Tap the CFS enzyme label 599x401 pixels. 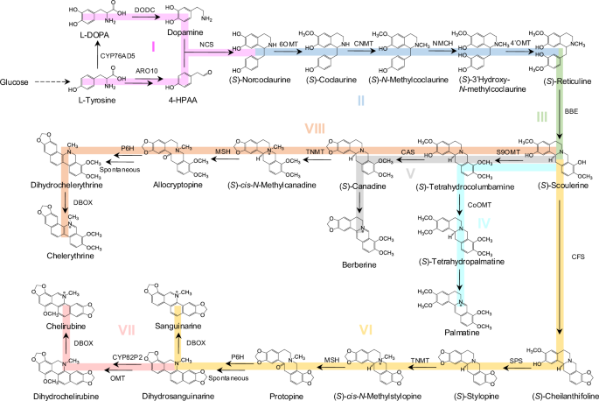[577, 257]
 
